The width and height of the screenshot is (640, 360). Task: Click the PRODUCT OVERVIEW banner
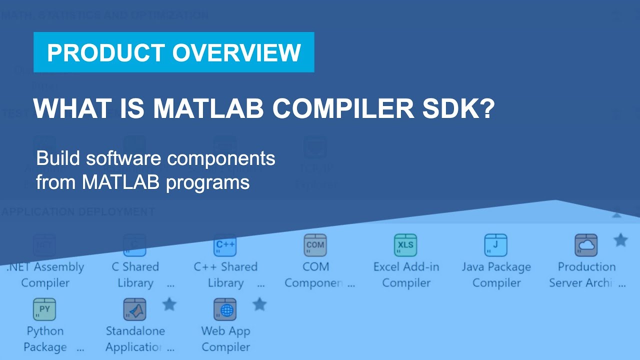(173, 52)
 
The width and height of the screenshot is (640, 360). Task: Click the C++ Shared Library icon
(225, 245)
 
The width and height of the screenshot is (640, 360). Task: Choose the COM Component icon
(315, 245)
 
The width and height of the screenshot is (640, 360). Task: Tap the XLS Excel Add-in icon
(405, 245)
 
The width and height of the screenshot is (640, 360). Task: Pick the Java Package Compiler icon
(495, 245)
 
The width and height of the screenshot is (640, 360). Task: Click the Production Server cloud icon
(586, 245)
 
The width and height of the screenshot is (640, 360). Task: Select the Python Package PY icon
(44, 309)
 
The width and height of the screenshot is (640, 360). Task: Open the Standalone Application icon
(134, 309)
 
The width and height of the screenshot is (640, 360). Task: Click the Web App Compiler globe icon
(225, 309)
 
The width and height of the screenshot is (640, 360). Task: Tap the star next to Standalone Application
(169, 304)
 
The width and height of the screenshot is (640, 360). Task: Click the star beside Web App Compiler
(259, 304)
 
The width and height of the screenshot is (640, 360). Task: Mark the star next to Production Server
(620, 240)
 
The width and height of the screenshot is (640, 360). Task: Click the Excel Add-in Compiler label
(406, 274)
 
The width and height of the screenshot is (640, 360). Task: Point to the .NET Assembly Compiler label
(45, 274)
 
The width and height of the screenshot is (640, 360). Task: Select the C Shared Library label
(135, 274)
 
